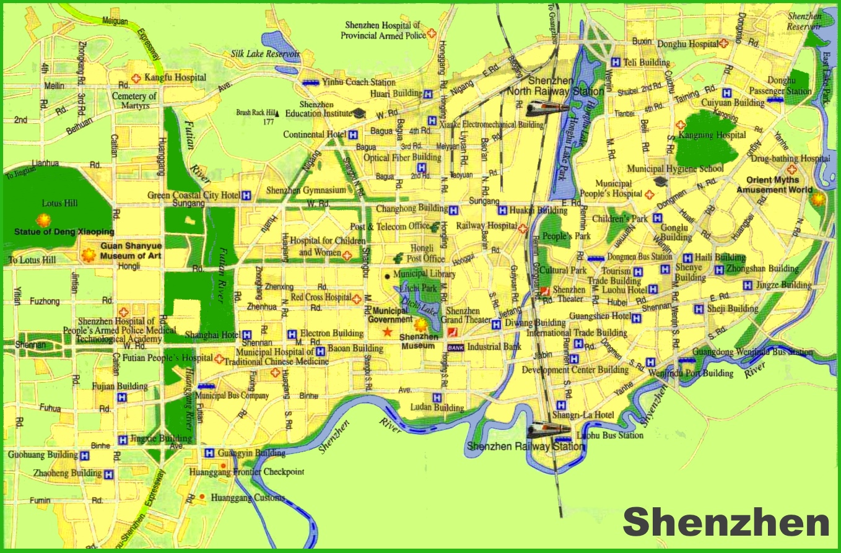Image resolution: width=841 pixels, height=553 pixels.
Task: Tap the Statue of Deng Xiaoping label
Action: [x=64, y=232]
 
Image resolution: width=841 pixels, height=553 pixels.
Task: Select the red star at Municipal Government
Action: [x=388, y=333]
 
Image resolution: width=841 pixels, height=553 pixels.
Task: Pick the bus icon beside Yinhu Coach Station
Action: [x=310, y=82]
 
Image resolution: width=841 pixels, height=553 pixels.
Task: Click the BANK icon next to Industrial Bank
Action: [x=455, y=347]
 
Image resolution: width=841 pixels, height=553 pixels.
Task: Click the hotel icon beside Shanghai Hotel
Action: [x=246, y=334]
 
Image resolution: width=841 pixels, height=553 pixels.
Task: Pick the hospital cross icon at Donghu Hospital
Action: [x=724, y=44]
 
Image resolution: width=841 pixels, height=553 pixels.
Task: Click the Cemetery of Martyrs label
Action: [x=134, y=101]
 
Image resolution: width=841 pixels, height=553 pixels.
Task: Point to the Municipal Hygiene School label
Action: [x=675, y=168]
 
